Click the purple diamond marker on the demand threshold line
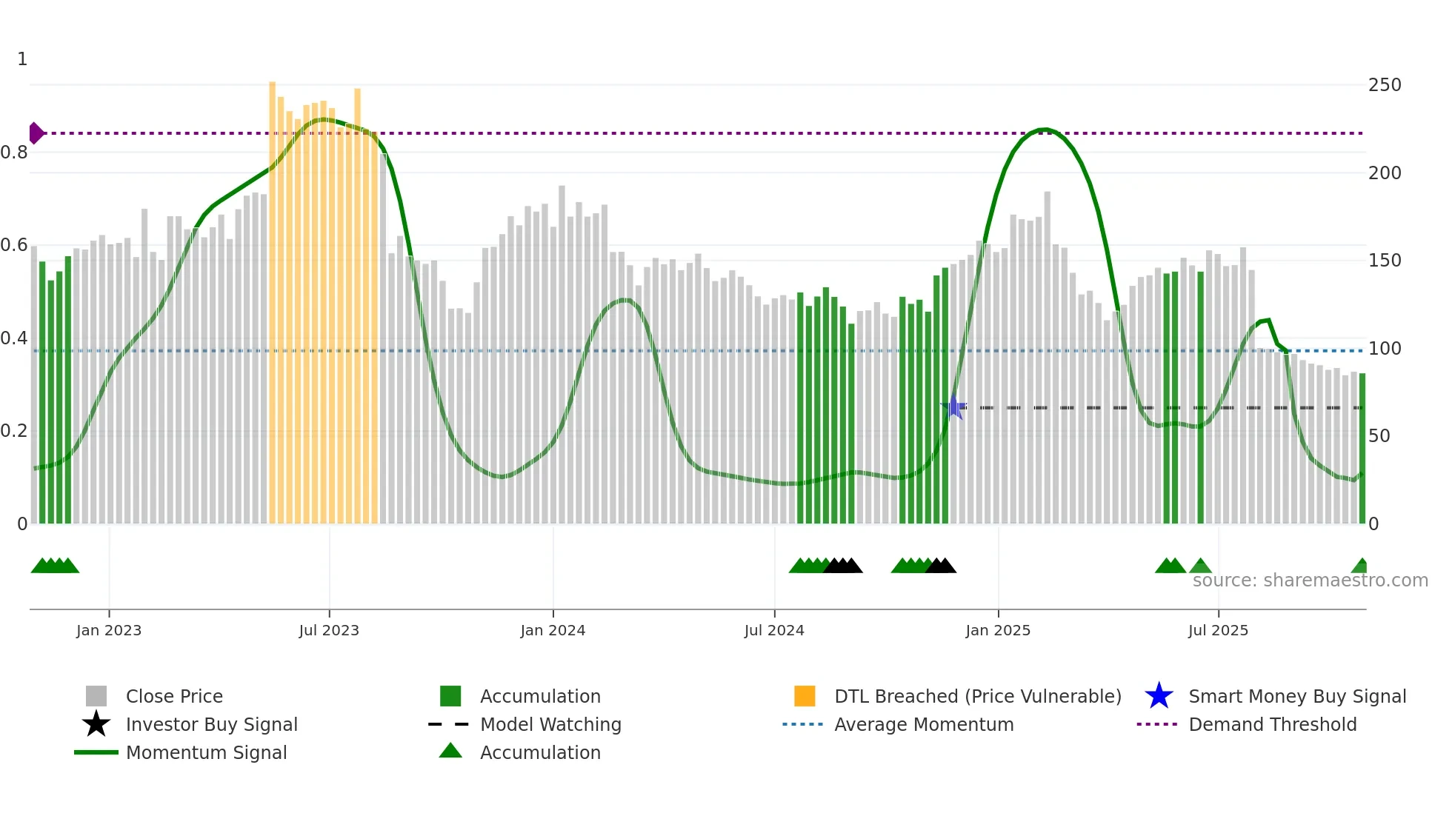[36, 133]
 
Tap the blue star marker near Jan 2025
[954, 407]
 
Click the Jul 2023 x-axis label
[329, 630]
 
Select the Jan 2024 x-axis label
[553, 630]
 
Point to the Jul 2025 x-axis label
[1218, 630]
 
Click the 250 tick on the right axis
[1384, 85]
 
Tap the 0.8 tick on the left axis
[15, 153]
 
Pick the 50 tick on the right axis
[1379, 436]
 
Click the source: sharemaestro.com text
[1310, 581]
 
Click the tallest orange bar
[273, 296]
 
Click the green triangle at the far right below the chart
[1360, 566]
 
